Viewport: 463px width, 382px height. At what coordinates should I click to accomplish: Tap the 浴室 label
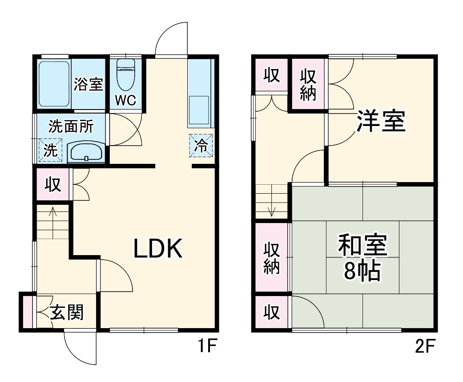tap(88, 84)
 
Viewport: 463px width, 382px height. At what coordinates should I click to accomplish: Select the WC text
tap(125, 101)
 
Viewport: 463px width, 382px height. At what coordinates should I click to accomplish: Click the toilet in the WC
tap(125, 74)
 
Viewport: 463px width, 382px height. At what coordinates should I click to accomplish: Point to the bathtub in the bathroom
tap(54, 84)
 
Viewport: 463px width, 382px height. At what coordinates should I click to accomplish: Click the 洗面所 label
tap(71, 127)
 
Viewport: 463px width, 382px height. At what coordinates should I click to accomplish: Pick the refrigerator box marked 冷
tap(201, 146)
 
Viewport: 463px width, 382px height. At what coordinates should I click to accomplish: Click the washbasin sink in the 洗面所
tap(86, 152)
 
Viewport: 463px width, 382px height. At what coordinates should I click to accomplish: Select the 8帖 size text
tap(362, 270)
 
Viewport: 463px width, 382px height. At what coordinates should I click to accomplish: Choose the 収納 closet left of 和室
tap(271, 258)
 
